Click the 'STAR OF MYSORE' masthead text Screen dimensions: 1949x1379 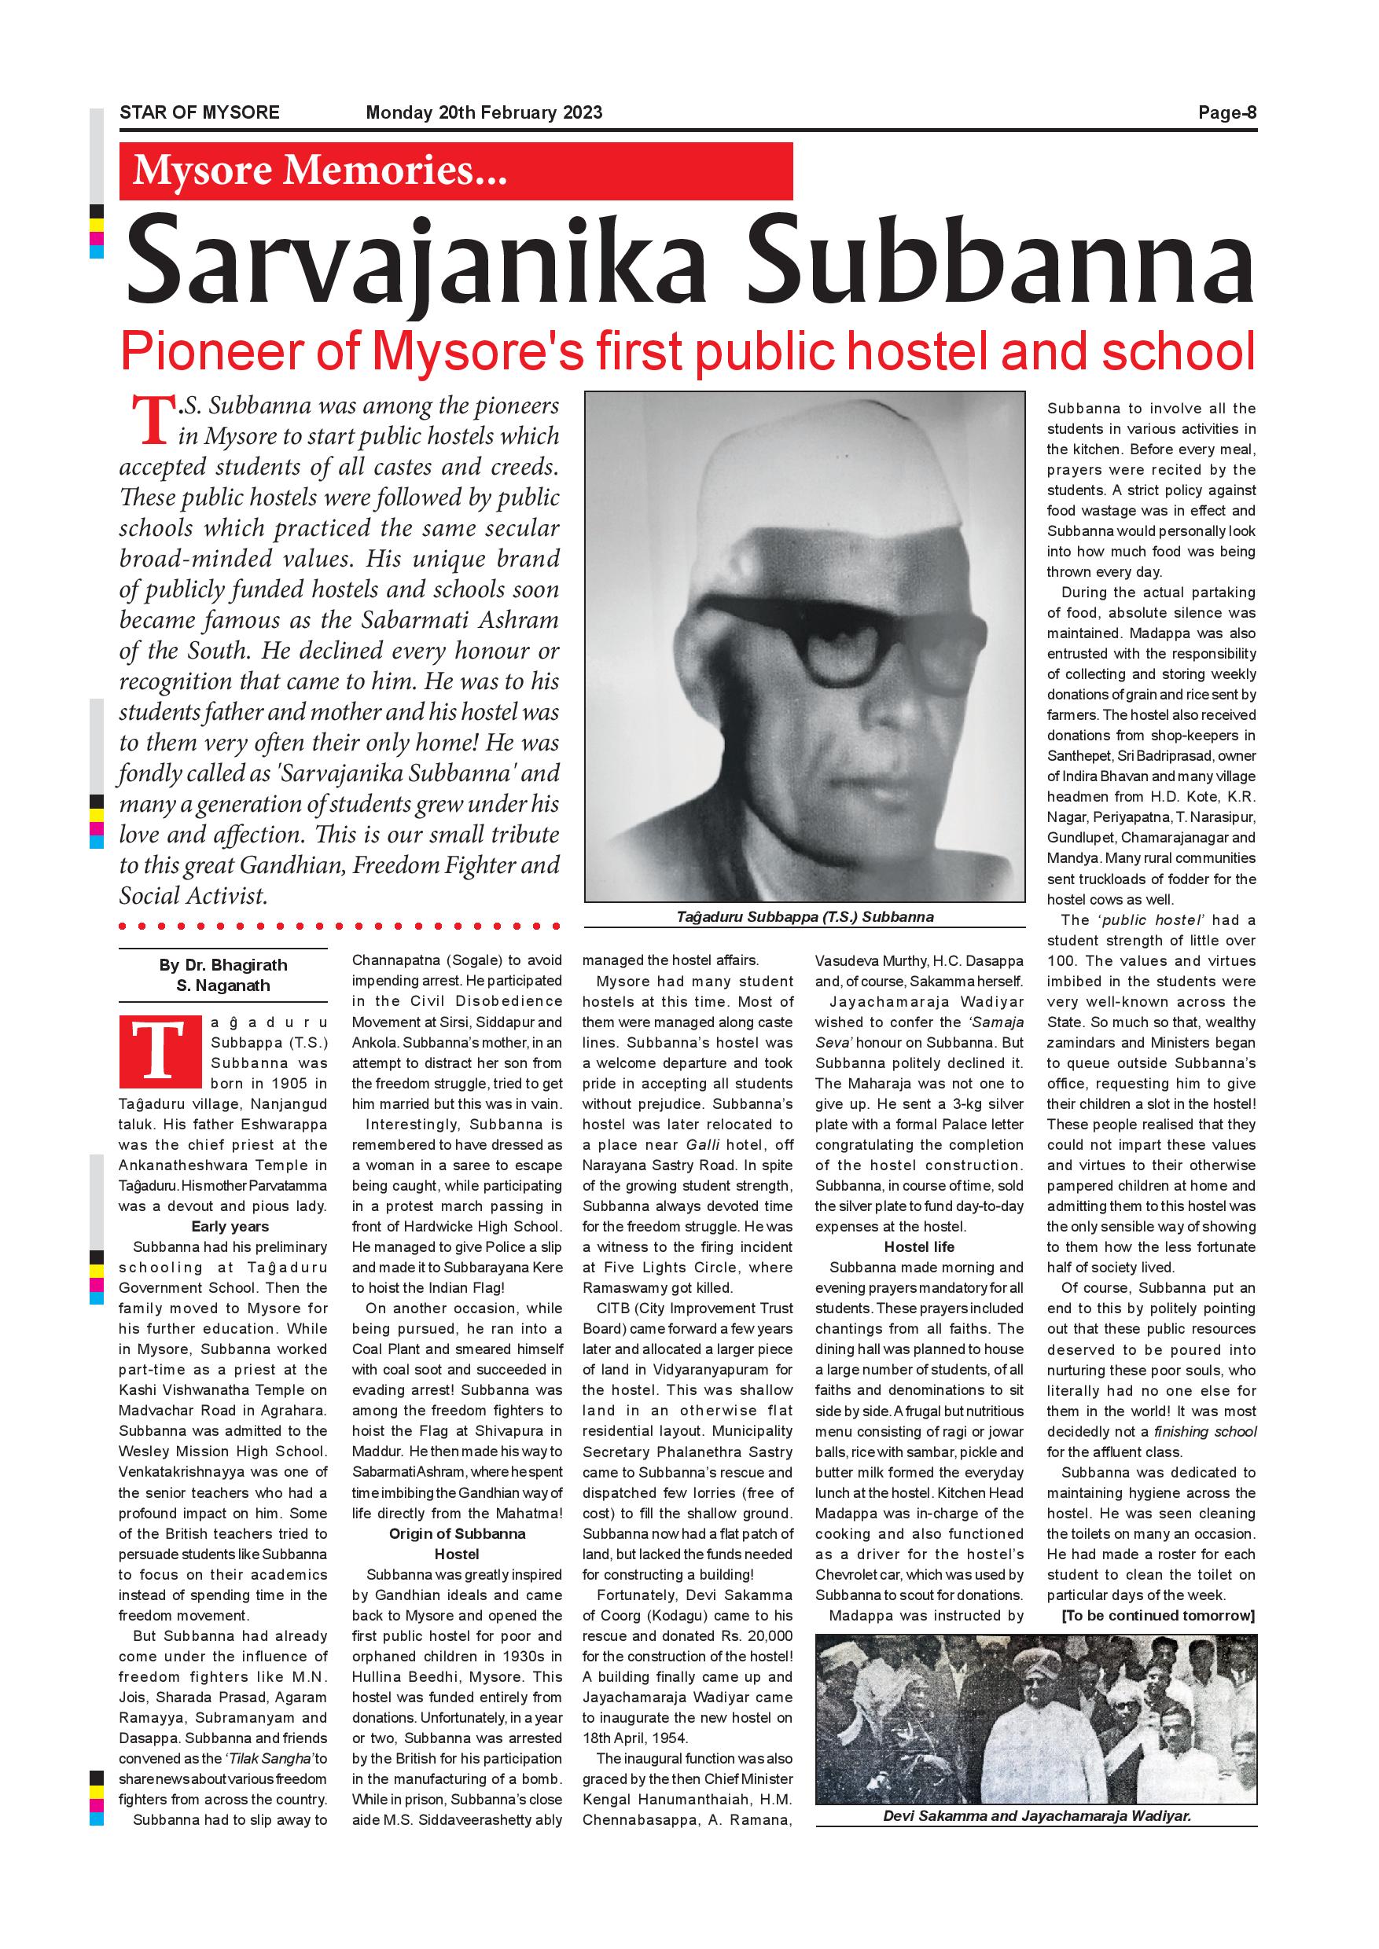(200, 112)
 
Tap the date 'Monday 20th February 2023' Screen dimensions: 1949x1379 (484, 112)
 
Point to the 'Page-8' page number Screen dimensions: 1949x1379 (1227, 112)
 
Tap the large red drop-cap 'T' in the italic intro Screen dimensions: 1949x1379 (149, 422)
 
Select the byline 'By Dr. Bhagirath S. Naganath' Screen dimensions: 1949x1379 (222, 975)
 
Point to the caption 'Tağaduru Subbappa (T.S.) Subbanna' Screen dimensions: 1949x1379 (804, 917)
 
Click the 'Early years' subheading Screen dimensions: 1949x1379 (230, 1227)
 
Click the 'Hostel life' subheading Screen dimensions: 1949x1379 (919, 1247)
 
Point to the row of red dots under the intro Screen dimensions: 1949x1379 (340, 925)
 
